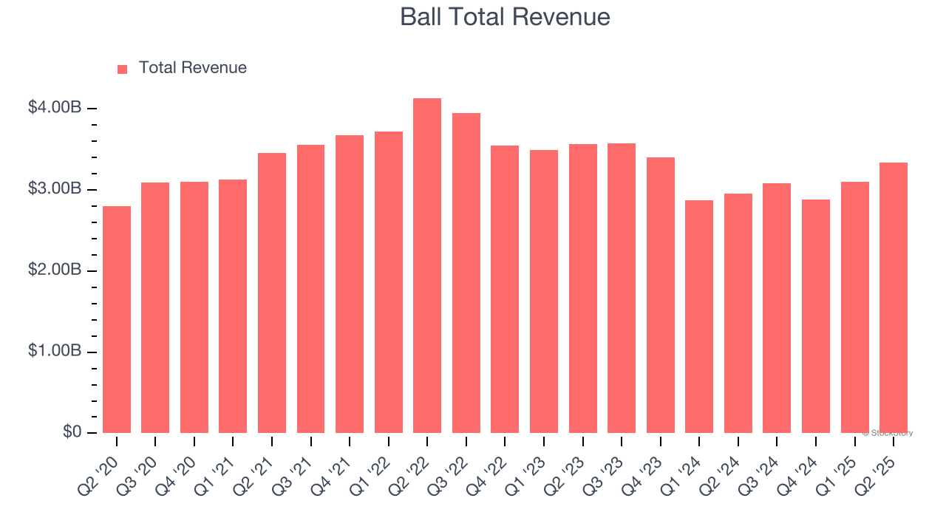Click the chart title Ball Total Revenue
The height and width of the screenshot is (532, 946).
(505, 17)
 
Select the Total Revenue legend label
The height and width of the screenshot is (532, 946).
(192, 68)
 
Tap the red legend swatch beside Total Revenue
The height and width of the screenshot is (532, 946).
(123, 69)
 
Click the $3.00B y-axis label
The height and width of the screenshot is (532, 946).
(55, 189)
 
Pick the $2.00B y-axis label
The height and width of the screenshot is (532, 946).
(55, 270)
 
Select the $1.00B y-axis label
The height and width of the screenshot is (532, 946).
(55, 352)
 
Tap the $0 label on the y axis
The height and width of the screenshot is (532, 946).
(72, 432)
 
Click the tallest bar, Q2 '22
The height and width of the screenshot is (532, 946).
(427, 266)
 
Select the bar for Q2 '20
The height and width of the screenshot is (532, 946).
(117, 320)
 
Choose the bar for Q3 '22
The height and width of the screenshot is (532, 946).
(466, 273)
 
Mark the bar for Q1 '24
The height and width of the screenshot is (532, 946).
(699, 317)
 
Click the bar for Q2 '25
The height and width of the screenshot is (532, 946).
(894, 298)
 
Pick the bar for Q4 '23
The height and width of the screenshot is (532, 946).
(660, 296)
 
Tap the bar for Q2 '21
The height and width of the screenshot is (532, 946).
(272, 293)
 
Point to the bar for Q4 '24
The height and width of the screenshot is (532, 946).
(816, 316)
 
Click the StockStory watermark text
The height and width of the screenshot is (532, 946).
(888, 433)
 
